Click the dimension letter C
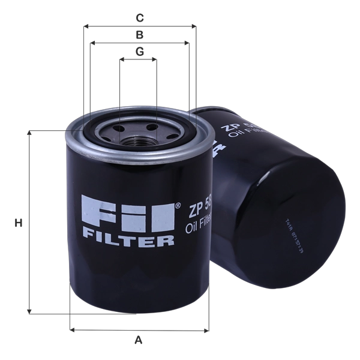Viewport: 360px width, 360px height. [x=139, y=17]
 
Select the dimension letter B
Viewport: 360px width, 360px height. [x=139, y=34]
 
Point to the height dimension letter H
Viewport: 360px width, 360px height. [x=19, y=223]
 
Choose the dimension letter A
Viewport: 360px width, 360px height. [x=139, y=340]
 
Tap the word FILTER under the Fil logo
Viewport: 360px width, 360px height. [x=128, y=241]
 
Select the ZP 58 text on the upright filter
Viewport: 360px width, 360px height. [x=198, y=210]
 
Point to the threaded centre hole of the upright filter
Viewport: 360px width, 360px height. [x=139, y=139]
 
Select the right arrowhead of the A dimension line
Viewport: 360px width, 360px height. [x=208, y=329]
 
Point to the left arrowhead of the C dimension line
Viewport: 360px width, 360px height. [x=85, y=26]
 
